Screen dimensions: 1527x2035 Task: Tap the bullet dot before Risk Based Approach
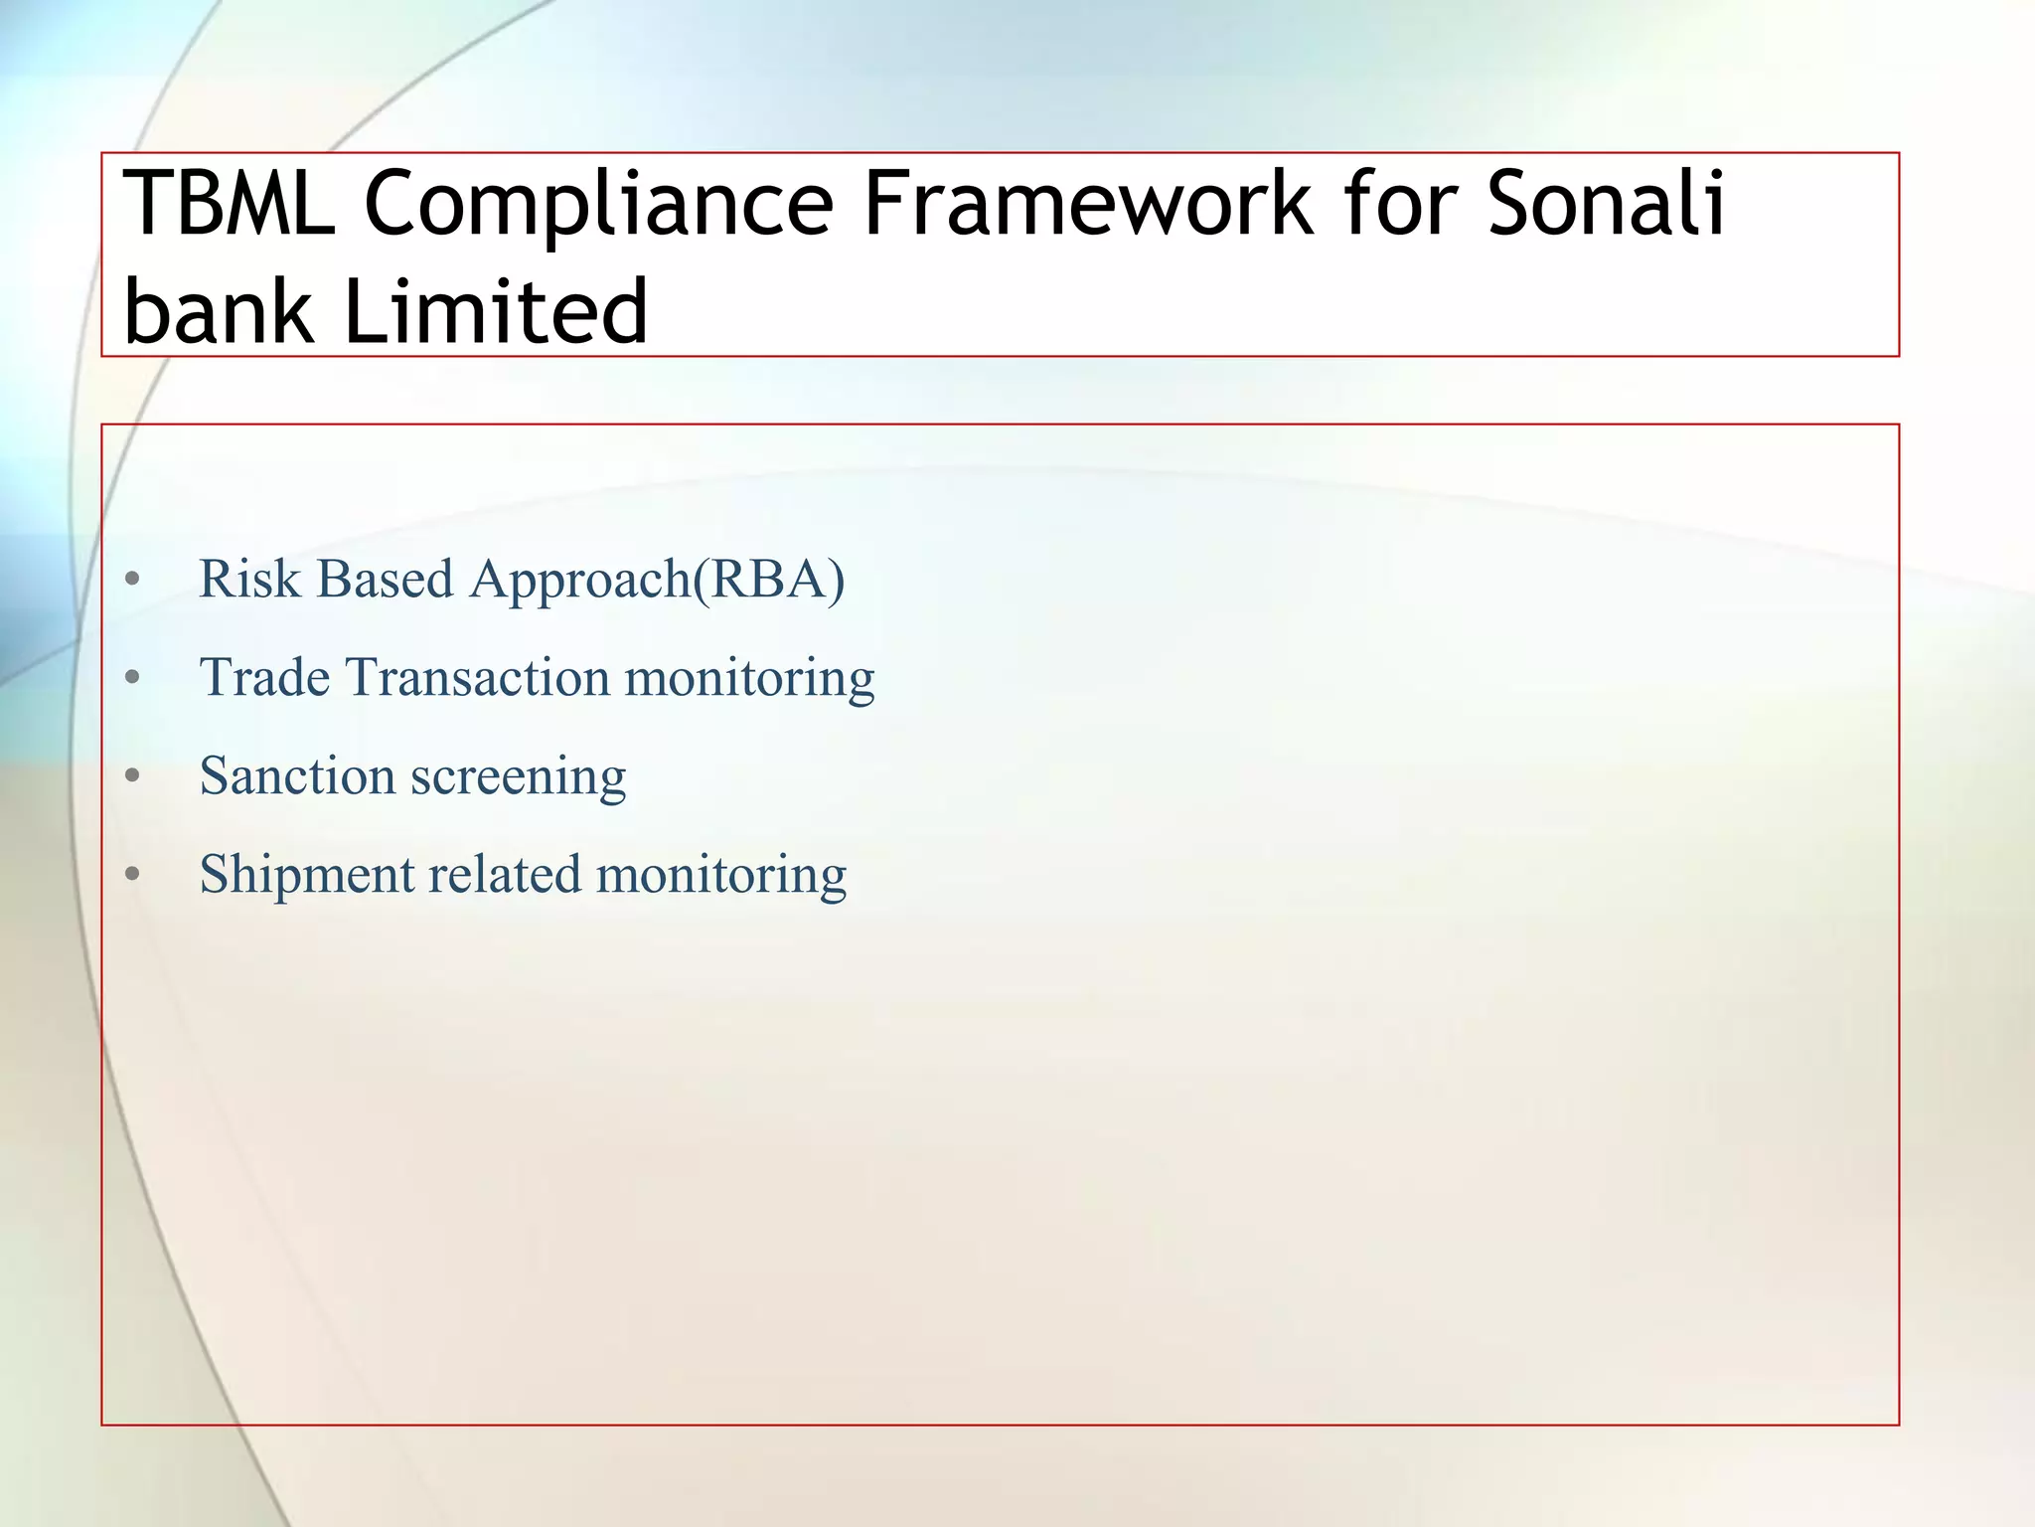pos(133,580)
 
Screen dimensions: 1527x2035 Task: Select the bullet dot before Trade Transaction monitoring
pos(133,678)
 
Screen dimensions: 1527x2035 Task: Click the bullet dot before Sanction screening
pos(133,776)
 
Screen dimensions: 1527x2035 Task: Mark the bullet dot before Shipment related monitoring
pos(133,875)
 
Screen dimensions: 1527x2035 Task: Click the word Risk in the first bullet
pos(249,579)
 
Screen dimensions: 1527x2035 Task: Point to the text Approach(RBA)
pos(657,579)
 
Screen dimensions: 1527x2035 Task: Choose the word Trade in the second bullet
pos(264,677)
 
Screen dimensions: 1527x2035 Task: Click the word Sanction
pos(297,775)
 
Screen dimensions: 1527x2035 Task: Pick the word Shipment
pos(306,875)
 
